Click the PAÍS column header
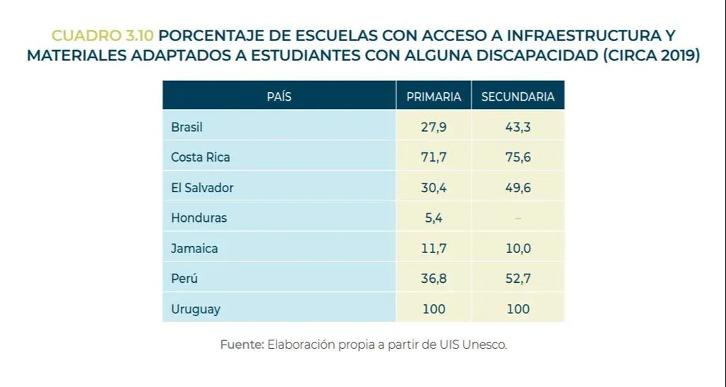coord(279,96)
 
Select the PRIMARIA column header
coord(434,96)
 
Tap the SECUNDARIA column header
coord(518,96)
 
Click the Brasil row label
coord(187,128)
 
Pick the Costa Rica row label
coord(201,157)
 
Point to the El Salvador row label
coord(202,188)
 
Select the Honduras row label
coord(199,218)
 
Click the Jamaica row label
coord(194,249)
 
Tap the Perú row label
coord(184,279)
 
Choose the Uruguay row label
coord(196,309)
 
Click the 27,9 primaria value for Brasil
coord(434,128)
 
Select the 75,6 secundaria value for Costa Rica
coord(518,157)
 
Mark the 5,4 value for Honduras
coord(434,218)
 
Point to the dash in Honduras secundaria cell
coord(518,218)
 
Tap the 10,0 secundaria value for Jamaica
coord(518,249)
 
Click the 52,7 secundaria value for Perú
coord(518,279)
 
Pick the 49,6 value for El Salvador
coord(518,188)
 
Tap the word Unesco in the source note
coord(485,345)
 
